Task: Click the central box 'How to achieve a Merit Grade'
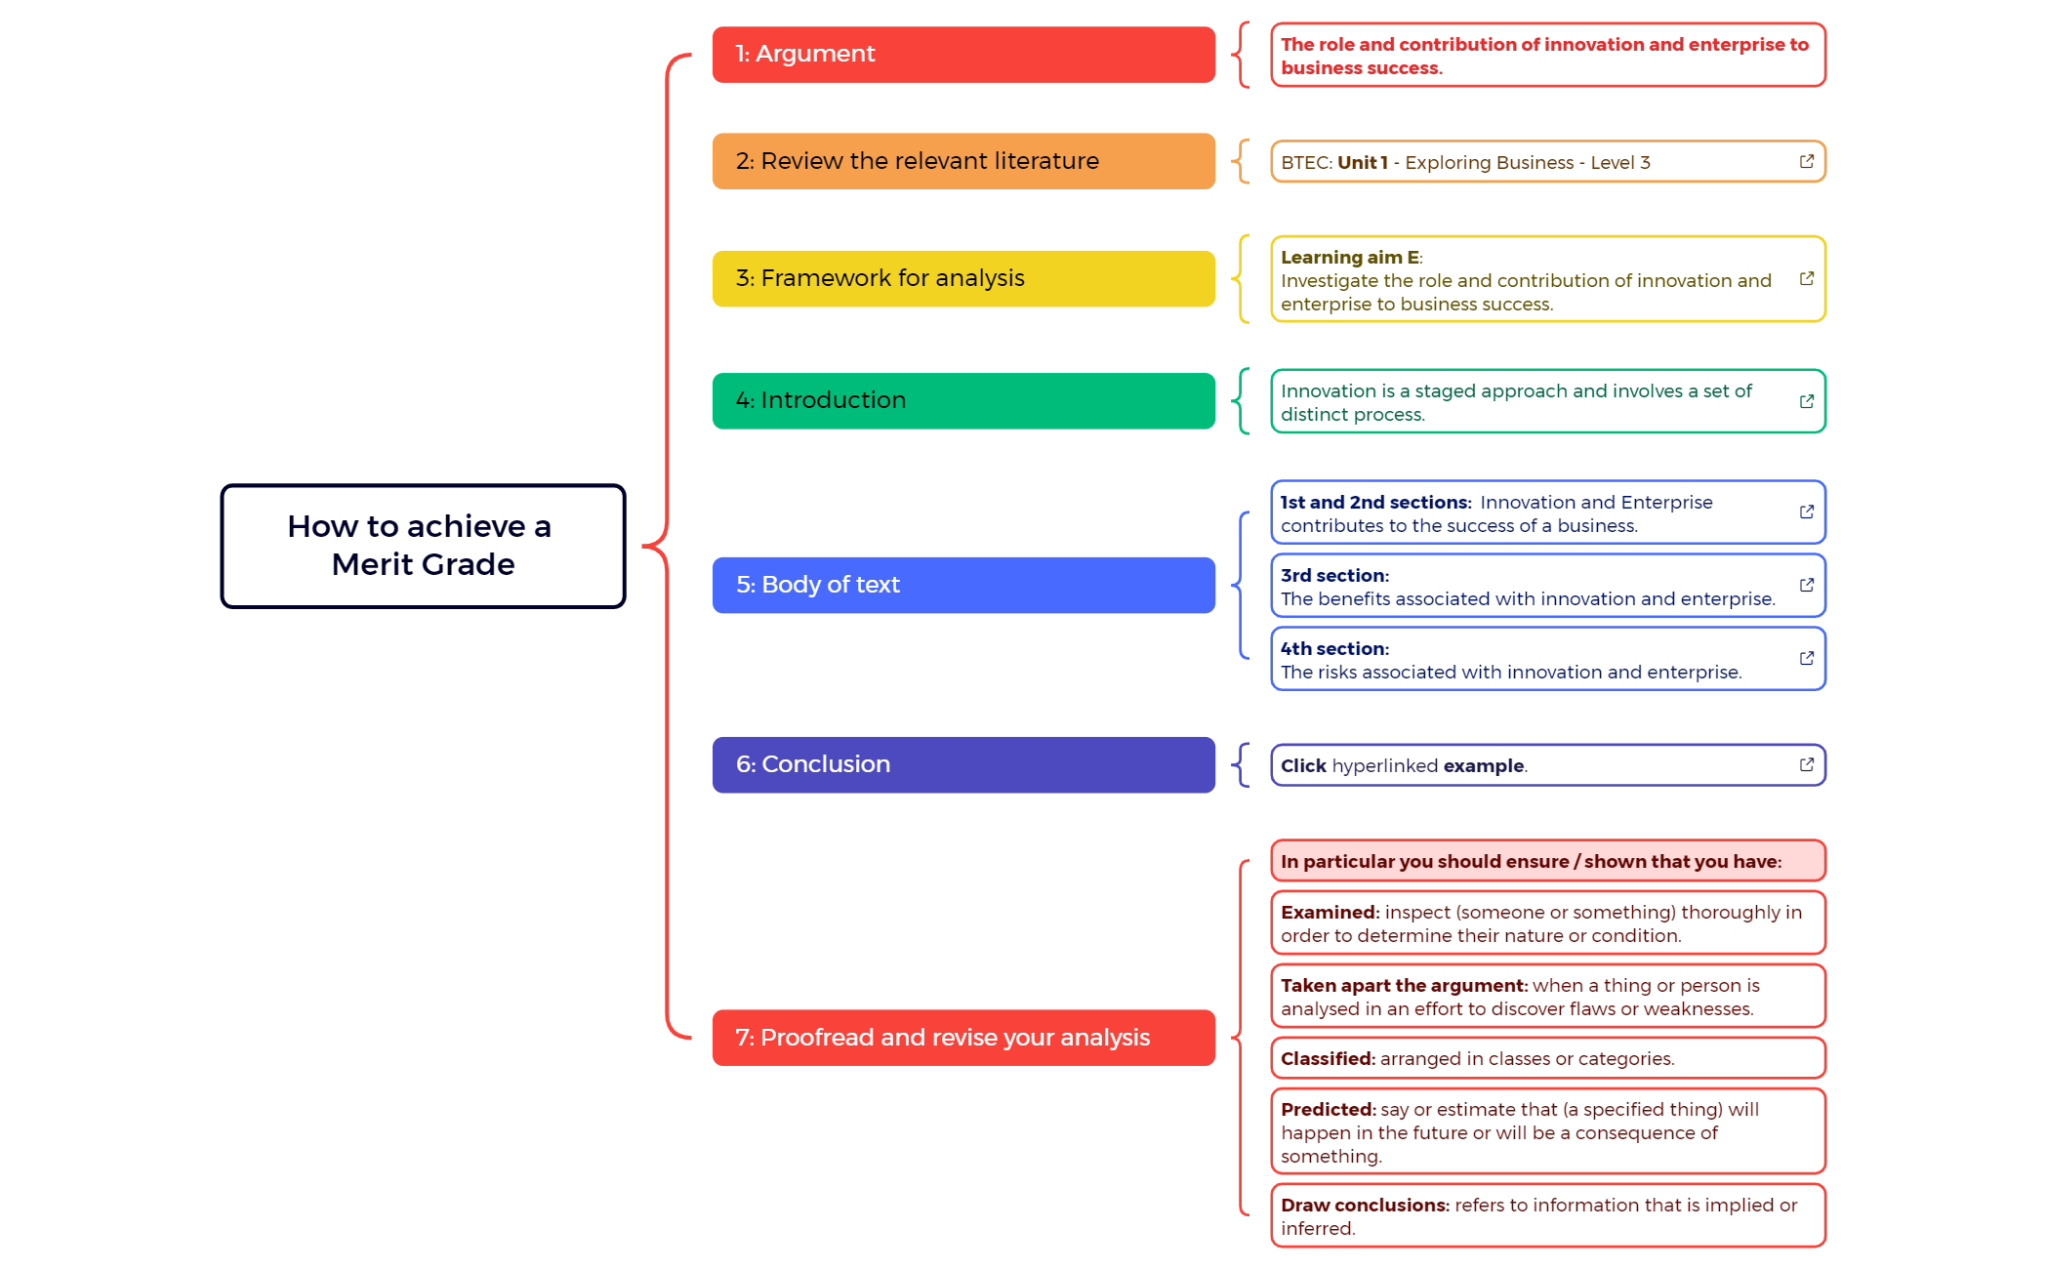pos(423,546)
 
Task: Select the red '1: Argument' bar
pos(962,55)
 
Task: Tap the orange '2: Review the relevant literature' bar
pos(962,161)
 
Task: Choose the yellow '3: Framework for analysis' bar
pos(962,279)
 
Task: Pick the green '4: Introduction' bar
pos(962,401)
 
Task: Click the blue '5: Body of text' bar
pos(962,585)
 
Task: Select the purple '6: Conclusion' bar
pos(962,764)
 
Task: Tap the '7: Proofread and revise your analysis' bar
pos(962,1038)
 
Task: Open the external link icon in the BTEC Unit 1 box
pos(1806,162)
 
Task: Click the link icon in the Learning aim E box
pos(1806,279)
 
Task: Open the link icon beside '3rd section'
pos(1806,585)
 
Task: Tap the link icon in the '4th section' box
pos(1806,658)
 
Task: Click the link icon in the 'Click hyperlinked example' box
pos(1806,764)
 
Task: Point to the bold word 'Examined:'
pos(1329,913)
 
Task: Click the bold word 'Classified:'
pos(1328,1059)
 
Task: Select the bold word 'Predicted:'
pos(1328,1110)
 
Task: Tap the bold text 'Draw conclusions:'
pos(1365,1206)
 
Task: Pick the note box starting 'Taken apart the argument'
pos(1547,997)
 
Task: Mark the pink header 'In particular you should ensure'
pos(1547,861)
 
